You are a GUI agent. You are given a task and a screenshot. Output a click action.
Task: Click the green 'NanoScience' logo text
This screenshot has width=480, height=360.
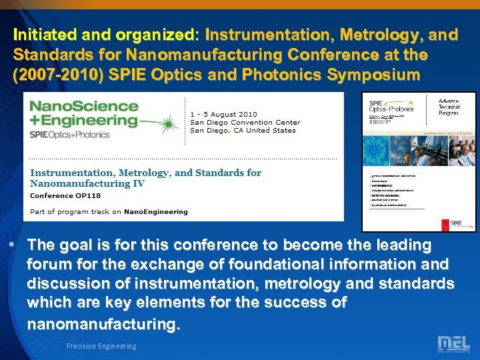84,106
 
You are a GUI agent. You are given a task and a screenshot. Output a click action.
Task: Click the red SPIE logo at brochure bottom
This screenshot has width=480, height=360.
455,223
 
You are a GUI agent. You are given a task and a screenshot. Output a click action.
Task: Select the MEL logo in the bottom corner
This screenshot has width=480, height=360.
453,344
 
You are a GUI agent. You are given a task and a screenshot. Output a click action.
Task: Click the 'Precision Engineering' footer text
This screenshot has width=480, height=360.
101,346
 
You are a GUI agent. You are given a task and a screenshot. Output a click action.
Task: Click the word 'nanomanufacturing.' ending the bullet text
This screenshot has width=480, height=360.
103,325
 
